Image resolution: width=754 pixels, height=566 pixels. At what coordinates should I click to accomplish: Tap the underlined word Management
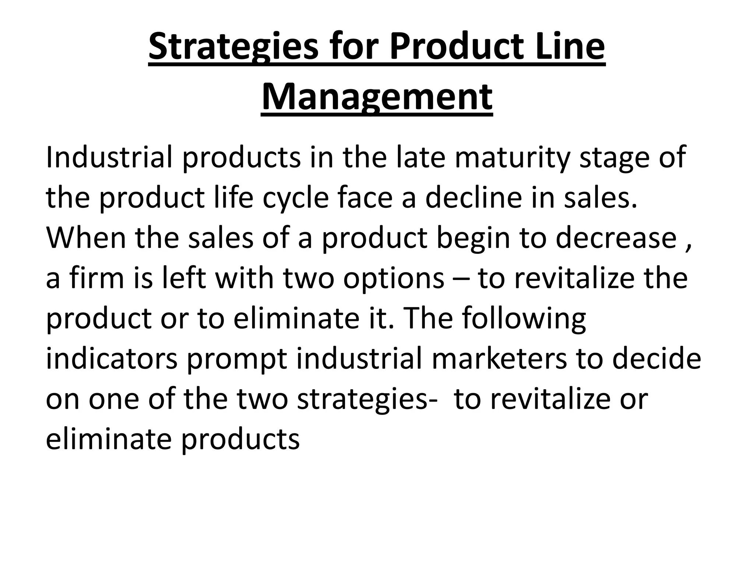coord(377,97)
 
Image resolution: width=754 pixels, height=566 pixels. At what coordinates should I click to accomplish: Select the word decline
coord(473,198)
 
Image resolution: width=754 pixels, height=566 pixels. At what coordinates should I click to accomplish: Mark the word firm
coord(97,278)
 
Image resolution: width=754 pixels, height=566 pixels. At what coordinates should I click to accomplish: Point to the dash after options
coord(461,279)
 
